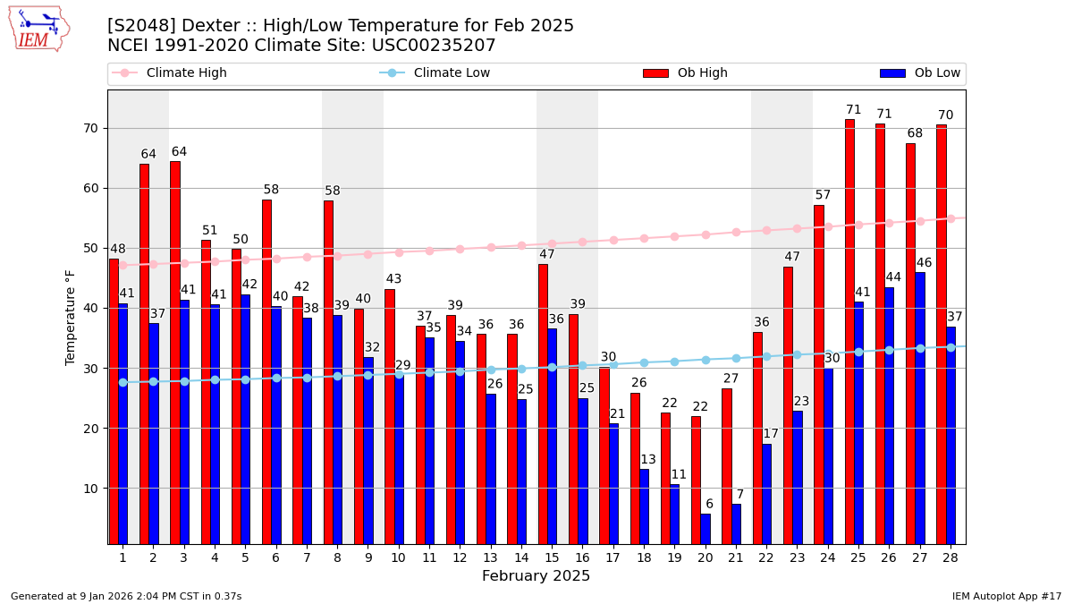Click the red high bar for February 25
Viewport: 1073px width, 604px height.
[849, 331]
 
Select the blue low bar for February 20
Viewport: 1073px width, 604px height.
[705, 529]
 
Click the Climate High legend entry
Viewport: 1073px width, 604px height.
[186, 73]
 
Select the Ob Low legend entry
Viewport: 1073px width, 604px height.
[937, 73]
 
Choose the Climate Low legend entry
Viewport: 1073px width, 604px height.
[452, 73]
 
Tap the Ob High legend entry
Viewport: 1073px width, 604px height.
[702, 73]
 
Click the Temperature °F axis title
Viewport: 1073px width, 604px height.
[72, 318]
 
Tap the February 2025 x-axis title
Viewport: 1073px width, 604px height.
[536, 576]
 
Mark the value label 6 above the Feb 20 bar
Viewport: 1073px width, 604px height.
[709, 505]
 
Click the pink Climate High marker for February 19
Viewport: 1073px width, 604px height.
[674, 236]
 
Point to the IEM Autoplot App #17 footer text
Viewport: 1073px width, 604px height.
[1006, 596]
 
